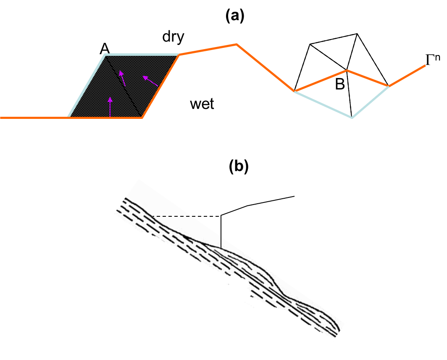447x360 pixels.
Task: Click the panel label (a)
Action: click(x=235, y=16)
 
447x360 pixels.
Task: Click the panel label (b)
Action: click(x=239, y=167)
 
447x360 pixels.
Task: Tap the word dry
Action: click(x=174, y=37)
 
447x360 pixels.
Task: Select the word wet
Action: click(x=202, y=104)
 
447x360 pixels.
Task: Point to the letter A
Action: click(x=105, y=49)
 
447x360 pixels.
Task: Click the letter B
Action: click(x=340, y=84)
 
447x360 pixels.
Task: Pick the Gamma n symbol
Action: click(x=433, y=59)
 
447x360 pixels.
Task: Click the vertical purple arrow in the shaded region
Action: click(x=110, y=107)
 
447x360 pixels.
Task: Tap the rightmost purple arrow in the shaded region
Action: click(x=150, y=81)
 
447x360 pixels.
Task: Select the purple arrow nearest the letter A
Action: click(x=122, y=78)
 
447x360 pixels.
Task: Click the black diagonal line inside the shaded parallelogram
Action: click(x=124, y=86)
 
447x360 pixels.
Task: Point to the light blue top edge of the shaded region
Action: click(x=142, y=54)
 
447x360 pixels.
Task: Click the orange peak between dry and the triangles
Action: click(x=237, y=44)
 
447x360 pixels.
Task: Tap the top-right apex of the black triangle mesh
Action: click(x=357, y=34)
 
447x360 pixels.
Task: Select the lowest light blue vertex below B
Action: click(x=352, y=117)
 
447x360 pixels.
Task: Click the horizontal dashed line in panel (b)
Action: click(x=187, y=216)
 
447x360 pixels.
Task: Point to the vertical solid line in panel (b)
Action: click(x=221, y=232)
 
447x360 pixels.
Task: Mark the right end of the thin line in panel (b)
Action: click(x=294, y=197)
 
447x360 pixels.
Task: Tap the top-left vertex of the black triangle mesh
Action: click(x=310, y=44)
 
